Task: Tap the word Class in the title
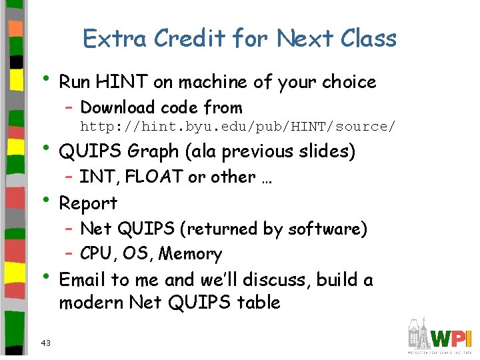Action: (368, 39)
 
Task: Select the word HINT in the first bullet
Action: (123, 82)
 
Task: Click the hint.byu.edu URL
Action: (237, 127)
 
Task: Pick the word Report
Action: (88, 203)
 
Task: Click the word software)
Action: (327, 229)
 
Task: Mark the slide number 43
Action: (45, 343)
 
